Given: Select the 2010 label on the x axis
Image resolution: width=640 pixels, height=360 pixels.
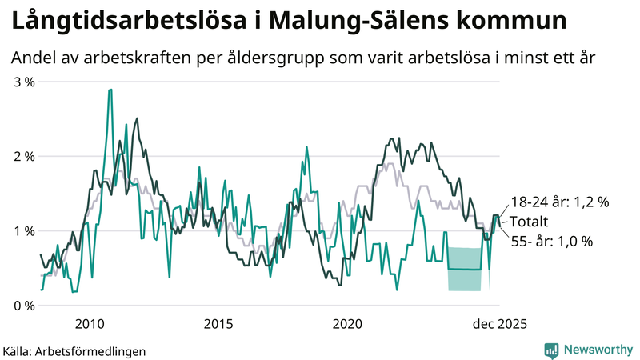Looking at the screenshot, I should pos(89,324).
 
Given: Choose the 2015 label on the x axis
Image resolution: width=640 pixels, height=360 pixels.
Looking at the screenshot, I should pos(218,324).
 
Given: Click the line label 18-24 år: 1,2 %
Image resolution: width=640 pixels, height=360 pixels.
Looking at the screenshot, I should pos(560,202).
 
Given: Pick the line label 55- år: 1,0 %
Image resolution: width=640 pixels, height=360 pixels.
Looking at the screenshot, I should pos(552,241).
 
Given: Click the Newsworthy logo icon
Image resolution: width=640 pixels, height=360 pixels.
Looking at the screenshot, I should pos(551,350).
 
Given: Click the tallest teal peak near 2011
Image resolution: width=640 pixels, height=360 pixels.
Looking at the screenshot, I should pos(110,90).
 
